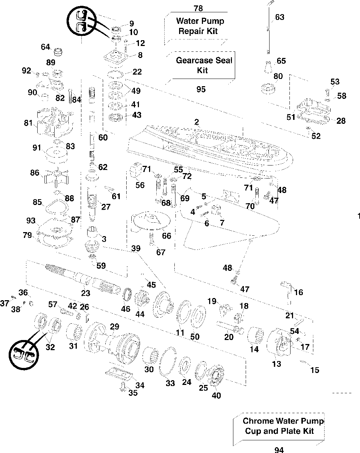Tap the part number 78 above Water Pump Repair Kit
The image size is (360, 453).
coord(198,8)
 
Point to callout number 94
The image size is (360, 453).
coord(279,450)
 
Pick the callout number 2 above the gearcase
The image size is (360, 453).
coord(196,122)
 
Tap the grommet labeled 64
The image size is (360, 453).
coord(58,52)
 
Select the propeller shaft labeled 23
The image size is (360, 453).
coord(83,279)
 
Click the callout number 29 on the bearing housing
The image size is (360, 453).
coord(114,327)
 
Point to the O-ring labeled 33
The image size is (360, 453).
coord(168,361)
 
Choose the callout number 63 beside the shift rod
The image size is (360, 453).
coord(280,17)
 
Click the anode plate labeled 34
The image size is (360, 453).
coord(119,374)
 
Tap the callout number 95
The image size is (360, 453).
coord(201,89)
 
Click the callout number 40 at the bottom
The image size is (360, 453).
coord(216,395)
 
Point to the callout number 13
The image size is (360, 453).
coord(276,364)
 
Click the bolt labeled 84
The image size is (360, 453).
coord(71,96)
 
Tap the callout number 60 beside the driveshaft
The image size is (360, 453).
coord(103,138)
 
